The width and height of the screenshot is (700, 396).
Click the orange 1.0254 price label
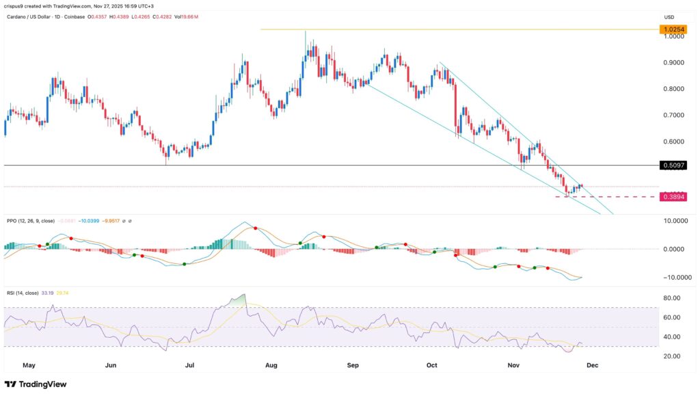(673, 29)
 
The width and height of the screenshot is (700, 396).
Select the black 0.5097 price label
(673, 166)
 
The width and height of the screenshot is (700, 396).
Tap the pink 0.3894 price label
(673, 197)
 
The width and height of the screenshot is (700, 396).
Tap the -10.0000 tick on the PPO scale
(671, 277)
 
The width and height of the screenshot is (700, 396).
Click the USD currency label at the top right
(670, 16)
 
